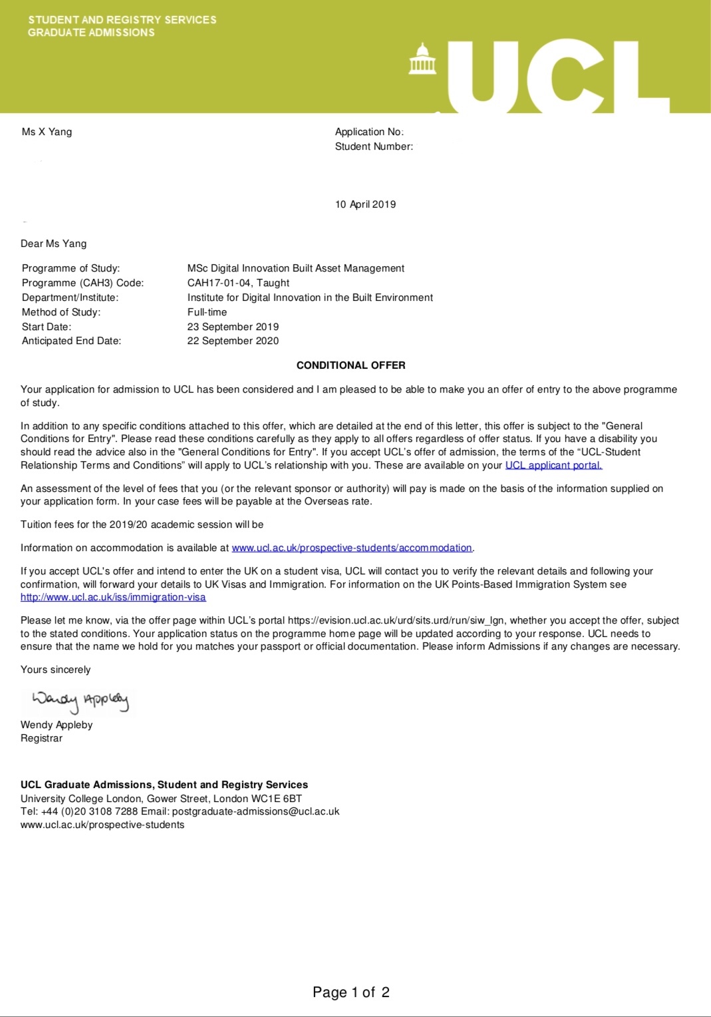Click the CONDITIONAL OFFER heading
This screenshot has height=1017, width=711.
(x=351, y=365)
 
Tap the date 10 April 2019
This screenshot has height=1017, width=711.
(x=365, y=204)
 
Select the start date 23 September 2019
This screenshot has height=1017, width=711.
(x=233, y=327)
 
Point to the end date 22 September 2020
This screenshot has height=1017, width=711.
(x=233, y=341)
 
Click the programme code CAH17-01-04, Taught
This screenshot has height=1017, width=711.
(x=238, y=283)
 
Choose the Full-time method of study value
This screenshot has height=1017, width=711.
(x=207, y=312)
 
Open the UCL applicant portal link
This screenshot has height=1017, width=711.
(x=553, y=465)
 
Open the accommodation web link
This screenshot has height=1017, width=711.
(x=352, y=548)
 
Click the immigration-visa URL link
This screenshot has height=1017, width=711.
(x=113, y=597)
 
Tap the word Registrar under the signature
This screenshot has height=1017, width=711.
(x=41, y=738)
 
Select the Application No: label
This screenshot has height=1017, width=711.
(x=369, y=132)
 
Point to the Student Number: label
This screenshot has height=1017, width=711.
(x=374, y=146)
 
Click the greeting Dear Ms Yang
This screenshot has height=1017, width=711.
(x=53, y=244)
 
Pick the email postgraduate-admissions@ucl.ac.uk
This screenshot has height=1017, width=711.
(x=255, y=811)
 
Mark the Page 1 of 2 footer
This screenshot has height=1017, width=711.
(x=351, y=992)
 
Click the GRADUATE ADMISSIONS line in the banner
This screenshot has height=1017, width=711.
(x=91, y=33)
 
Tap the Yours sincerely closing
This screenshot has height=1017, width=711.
(x=55, y=670)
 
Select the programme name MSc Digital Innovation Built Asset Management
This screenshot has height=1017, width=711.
(x=295, y=268)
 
